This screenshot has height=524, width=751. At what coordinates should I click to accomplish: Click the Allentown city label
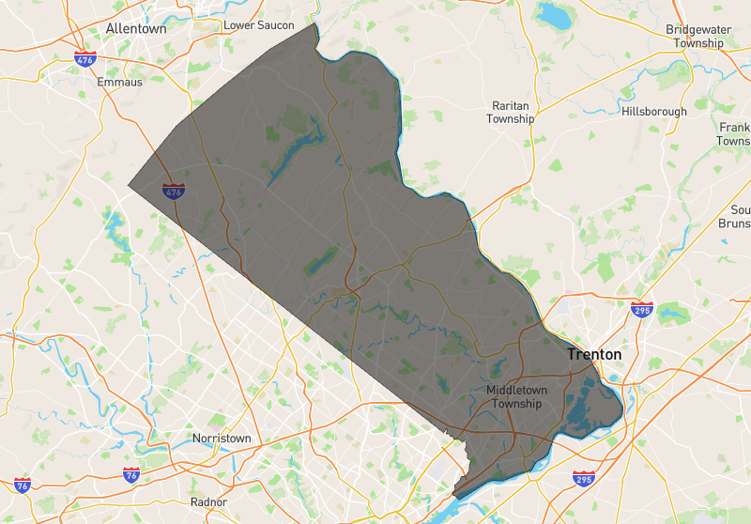point(136,29)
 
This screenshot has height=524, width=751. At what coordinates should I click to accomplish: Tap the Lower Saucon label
point(258,25)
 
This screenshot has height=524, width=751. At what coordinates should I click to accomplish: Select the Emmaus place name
point(119,83)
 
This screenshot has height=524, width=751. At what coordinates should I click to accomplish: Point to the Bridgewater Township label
point(698,37)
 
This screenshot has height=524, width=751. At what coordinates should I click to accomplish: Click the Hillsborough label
point(654,112)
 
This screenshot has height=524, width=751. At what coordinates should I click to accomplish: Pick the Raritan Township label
point(511,113)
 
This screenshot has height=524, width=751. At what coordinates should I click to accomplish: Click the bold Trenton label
point(593,355)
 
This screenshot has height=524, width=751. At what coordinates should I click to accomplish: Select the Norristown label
point(222,439)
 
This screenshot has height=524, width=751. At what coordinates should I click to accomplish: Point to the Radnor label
point(208,502)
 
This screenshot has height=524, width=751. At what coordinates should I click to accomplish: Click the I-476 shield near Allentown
point(84,58)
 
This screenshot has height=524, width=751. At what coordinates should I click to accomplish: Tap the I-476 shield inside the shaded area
point(173,192)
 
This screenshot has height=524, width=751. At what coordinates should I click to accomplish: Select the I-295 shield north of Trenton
point(642,310)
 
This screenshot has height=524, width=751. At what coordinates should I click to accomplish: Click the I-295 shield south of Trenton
point(583,479)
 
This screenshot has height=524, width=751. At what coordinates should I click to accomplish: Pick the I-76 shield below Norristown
point(131,475)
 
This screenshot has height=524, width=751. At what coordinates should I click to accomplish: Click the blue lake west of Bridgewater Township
point(554,16)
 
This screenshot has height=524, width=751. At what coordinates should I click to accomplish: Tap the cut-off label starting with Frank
point(734,133)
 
